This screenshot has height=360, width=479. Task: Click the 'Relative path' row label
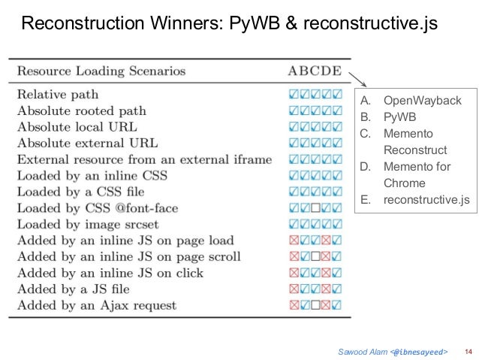pos(58,95)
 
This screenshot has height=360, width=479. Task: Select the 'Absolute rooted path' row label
pos(82,110)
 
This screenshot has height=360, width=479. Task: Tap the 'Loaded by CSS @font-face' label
pos(98,208)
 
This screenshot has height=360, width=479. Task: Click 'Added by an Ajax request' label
pos(97,305)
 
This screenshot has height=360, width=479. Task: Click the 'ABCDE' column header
pos(315,71)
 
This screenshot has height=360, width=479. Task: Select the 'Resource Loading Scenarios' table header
pos(101,71)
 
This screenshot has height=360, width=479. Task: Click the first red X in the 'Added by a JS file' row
pos(294,289)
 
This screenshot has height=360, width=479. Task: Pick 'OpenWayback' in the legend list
pos(422,101)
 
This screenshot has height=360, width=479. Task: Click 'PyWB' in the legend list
pos(399,117)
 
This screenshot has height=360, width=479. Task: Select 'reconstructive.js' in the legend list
pos(426,200)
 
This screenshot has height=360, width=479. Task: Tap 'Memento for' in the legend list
pos(417,167)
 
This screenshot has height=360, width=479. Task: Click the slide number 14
pos(468,351)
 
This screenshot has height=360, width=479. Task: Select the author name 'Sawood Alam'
pos(363,351)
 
